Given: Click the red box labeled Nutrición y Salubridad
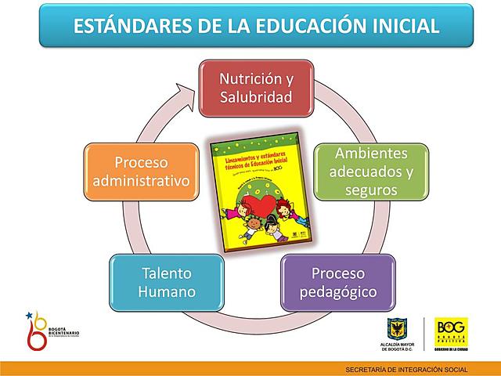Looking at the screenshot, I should coord(256,89).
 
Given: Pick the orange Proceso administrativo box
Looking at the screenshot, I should coord(141,171).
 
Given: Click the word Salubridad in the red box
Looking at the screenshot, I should coord(256,98).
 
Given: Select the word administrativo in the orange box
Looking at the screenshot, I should coord(141,180).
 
